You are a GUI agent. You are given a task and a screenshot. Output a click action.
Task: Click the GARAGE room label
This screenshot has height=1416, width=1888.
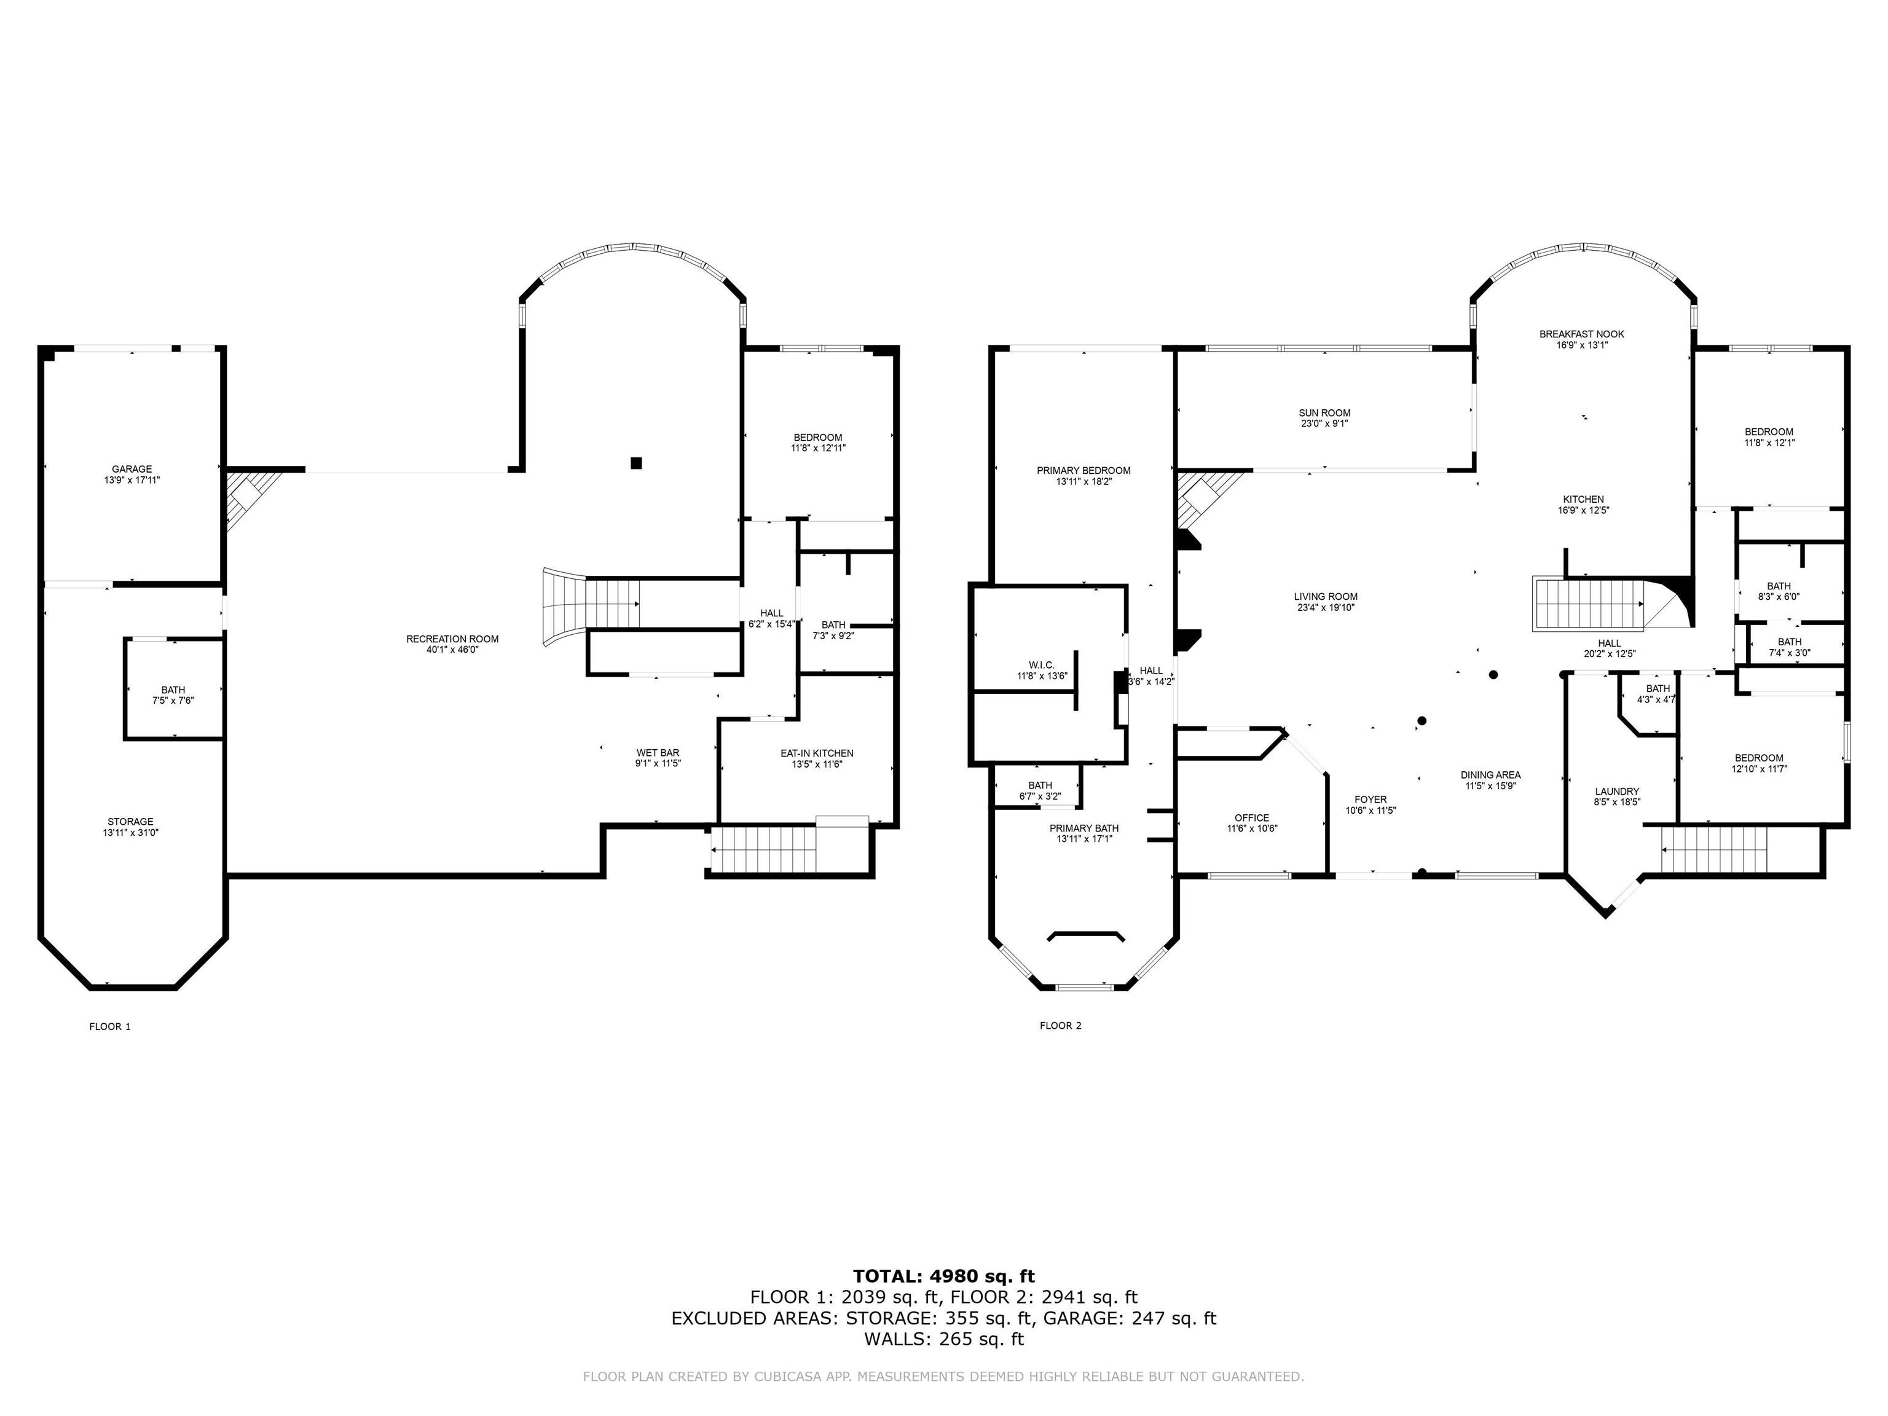point(132,468)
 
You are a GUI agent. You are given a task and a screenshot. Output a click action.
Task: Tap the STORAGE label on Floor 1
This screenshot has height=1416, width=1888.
point(130,821)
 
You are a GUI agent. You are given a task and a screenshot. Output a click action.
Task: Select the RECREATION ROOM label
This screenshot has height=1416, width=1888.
point(452,639)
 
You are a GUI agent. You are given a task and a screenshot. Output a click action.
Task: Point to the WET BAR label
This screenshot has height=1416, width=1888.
point(657,753)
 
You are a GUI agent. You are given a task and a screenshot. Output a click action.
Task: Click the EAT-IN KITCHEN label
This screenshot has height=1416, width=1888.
point(816,753)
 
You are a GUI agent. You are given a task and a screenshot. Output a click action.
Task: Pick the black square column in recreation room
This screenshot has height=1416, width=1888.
point(636,463)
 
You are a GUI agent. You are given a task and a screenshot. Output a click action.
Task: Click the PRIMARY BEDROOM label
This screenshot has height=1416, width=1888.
point(1083,470)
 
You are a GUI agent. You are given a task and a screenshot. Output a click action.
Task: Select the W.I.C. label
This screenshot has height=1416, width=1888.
point(1041,665)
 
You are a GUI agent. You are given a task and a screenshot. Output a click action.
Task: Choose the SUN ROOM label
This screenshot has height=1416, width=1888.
point(1324,413)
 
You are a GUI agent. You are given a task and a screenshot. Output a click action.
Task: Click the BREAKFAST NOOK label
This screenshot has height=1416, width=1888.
point(1581,334)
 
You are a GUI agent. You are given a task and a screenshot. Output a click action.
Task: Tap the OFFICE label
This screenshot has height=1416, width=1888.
point(1251,817)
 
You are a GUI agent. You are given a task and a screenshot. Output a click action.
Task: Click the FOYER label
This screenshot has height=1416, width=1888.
point(1370,800)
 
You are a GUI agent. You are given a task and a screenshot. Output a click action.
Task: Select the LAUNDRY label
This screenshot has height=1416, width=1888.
point(1616,791)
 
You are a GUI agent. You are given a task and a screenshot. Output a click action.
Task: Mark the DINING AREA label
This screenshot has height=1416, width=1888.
point(1490,775)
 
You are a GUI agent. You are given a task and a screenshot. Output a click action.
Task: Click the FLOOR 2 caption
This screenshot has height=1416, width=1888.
point(1060,1026)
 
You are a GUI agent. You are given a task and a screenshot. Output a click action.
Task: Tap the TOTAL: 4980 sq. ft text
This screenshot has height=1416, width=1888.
point(943,1276)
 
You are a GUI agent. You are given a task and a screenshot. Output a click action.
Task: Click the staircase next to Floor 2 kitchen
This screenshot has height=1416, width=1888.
point(1589,604)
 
